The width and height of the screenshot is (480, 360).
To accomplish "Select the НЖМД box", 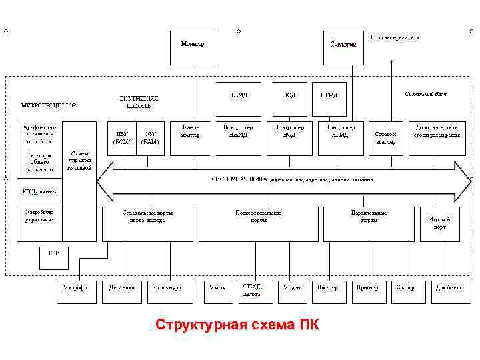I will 238,95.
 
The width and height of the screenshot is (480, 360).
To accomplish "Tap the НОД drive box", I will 289,95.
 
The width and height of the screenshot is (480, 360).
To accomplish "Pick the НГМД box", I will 329,95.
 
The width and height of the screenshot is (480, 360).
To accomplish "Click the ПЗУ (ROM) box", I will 121,138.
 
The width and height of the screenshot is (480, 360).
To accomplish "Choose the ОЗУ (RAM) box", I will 151,138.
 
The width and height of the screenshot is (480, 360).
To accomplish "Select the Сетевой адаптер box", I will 386,138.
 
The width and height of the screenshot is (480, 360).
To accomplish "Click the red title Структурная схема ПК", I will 237,325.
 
